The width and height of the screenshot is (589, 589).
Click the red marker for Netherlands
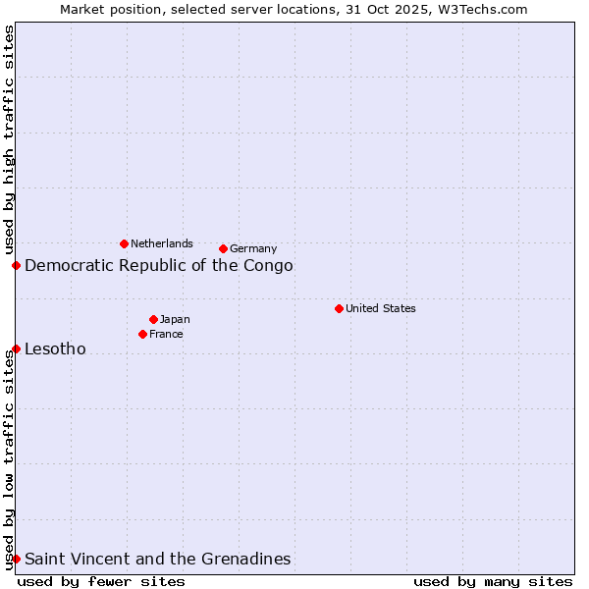click(124, 243)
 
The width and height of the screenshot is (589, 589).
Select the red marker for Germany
click(223, 248)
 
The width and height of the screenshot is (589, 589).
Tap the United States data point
click(339, 308)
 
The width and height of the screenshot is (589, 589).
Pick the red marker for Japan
click(153, 319)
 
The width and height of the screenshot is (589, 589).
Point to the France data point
click(142, 334)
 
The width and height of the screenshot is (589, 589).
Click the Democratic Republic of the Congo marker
click(16, 265)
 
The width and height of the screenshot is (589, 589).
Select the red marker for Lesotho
click(16, 348)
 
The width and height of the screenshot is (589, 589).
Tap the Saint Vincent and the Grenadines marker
click(16, 559)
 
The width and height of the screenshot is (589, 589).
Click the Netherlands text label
click(162, 243)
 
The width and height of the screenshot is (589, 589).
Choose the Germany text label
click(253, 248)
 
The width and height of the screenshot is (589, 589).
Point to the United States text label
click(380, 308)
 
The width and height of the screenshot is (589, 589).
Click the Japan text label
click(175, 319)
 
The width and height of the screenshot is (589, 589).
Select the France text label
click(166, 334)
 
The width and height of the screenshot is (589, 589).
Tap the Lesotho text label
click(55, 348)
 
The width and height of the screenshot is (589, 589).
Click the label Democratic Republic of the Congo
click(158, 265)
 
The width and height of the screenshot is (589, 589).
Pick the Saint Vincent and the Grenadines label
click(157, 559)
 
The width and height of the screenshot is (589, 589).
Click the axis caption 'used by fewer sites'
click(101, 581)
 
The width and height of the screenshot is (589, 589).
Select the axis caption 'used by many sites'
click(493, 581)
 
